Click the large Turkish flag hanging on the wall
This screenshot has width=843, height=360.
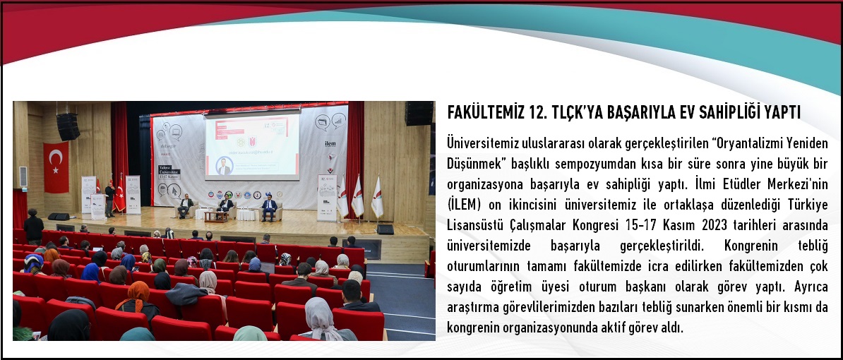pyautogui.click(x=56, y=167)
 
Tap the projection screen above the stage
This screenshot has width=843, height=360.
pyautogui.click(x=252, y=145)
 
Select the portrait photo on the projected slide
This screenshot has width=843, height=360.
pyautogui.click(x=224, y=165)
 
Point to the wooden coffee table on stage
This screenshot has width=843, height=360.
pyautogui.click(x=216, y=216)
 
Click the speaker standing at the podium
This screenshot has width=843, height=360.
pyautogui.click(x=109, y=198)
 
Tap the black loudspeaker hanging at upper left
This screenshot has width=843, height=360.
pyautogui.click(x=68, y=126)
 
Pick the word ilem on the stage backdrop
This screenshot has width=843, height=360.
pyautogui.click(x=330, y=143)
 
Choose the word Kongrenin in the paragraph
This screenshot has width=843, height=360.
pyautogui.click(x=753, y=246)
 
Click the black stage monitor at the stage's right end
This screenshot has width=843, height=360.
pyautogui.click(x=385, y=229)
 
